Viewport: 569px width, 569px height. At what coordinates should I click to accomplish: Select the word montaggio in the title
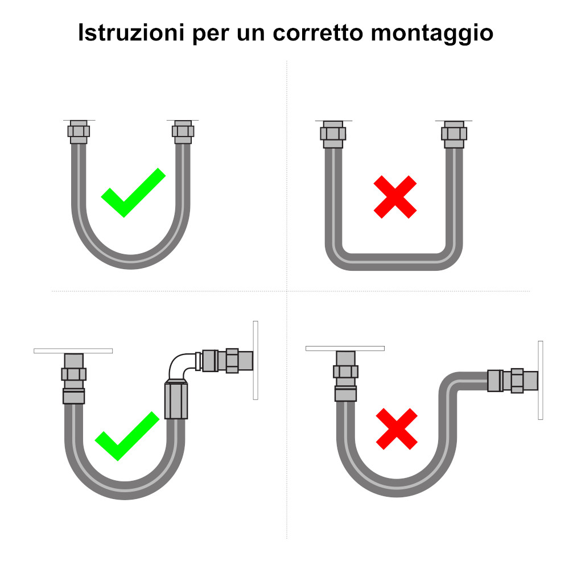click(432, 32)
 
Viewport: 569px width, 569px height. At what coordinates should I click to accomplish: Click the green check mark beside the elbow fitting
click(126, 436)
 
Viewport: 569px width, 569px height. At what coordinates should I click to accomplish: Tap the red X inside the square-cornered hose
click(395, 197)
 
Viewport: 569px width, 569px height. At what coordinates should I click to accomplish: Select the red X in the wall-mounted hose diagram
click(396, 427)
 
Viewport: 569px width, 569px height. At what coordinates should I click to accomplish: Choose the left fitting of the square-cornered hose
click(333, 134)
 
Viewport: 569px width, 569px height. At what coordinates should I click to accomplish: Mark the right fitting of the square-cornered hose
click(455, 134)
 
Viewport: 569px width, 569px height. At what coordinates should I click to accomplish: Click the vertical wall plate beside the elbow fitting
click(255, 360)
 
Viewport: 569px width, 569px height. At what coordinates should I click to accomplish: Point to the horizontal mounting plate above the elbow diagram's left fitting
click(73, 351)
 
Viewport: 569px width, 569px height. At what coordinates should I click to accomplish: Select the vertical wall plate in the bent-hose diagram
click(540, 380)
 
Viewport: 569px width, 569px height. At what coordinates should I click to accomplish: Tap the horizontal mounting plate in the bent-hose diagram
click(345, 348)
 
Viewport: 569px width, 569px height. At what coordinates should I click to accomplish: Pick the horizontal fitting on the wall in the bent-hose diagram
click(512, 380)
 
